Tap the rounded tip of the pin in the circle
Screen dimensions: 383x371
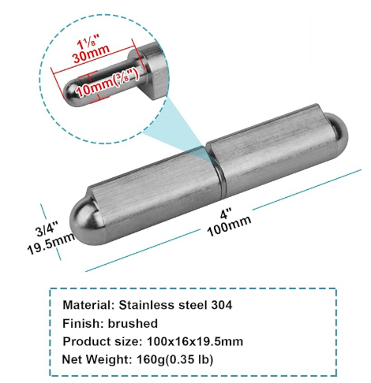[x=70, y=97]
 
